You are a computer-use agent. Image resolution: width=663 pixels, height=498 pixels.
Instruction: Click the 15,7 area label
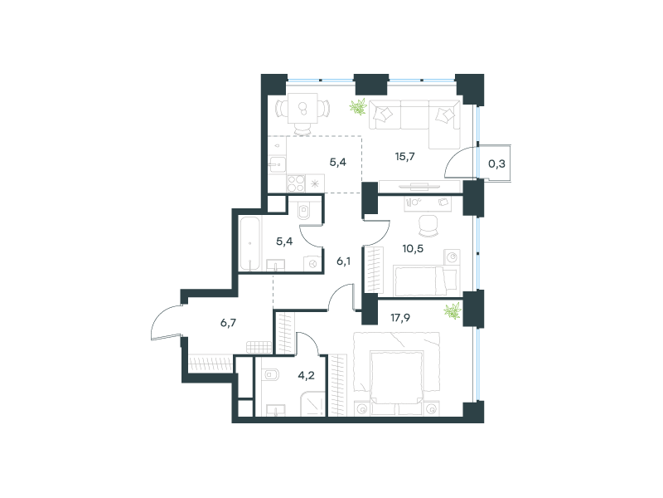pos(404,157)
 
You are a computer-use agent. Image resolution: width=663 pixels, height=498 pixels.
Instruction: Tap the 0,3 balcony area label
pos(496,164)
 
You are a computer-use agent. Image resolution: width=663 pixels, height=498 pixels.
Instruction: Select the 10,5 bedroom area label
pos(413,248)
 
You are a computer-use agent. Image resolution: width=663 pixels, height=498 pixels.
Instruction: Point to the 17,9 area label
pos(400,318)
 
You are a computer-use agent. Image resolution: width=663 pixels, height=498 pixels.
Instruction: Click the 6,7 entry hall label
pos(229,323)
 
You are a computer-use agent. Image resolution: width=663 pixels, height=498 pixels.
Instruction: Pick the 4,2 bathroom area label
pos(306,375)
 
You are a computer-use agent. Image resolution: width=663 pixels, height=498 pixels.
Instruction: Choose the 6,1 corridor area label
pos(343,261)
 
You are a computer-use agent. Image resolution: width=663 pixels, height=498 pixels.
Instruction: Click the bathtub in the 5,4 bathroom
pos(250,243)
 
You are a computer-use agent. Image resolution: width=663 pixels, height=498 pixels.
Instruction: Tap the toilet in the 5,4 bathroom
pos(304,211)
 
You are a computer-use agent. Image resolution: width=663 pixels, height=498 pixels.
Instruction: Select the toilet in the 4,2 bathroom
pos(271,374)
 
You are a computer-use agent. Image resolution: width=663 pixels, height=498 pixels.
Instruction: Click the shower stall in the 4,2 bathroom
pos(313,403)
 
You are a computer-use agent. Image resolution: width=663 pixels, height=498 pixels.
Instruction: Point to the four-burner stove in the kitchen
pos(296,183)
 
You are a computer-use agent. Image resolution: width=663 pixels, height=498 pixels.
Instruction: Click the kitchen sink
pos(278,164)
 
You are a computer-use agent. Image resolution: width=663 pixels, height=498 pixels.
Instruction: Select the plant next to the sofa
pos(358,107)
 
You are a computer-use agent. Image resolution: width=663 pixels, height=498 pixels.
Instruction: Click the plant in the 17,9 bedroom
pos(452,311)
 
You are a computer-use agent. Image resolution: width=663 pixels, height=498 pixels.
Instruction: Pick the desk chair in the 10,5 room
pos(428,225)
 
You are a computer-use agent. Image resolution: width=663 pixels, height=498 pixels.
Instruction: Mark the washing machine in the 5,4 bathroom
pos(313,264)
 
